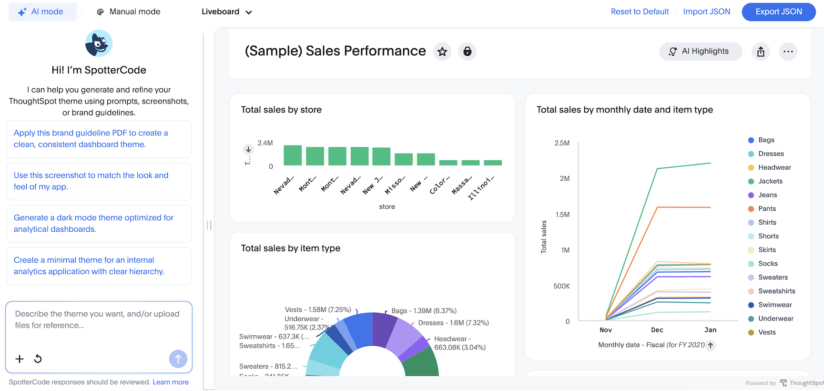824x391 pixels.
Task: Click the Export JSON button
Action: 778,12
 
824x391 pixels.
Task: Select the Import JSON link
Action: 706,12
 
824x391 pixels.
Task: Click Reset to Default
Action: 640,12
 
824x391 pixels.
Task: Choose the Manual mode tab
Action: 128,12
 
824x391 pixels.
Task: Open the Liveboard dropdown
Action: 226,12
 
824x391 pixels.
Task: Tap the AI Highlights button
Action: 700,51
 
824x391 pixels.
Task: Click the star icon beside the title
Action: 442,51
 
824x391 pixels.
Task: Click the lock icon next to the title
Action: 467,51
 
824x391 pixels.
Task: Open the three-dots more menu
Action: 788,51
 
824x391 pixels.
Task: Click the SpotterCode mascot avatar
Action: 99,43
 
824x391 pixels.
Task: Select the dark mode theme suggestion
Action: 94,223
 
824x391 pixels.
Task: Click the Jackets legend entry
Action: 770,181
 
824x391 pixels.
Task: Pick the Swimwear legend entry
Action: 774,305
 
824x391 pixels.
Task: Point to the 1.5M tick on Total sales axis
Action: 562,215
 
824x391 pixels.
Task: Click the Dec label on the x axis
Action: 657,330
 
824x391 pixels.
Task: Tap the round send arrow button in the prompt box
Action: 178,359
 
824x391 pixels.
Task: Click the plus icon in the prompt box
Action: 20,359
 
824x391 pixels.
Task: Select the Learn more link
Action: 171,382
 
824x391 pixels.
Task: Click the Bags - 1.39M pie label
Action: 424,311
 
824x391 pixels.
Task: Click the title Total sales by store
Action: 281,110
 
